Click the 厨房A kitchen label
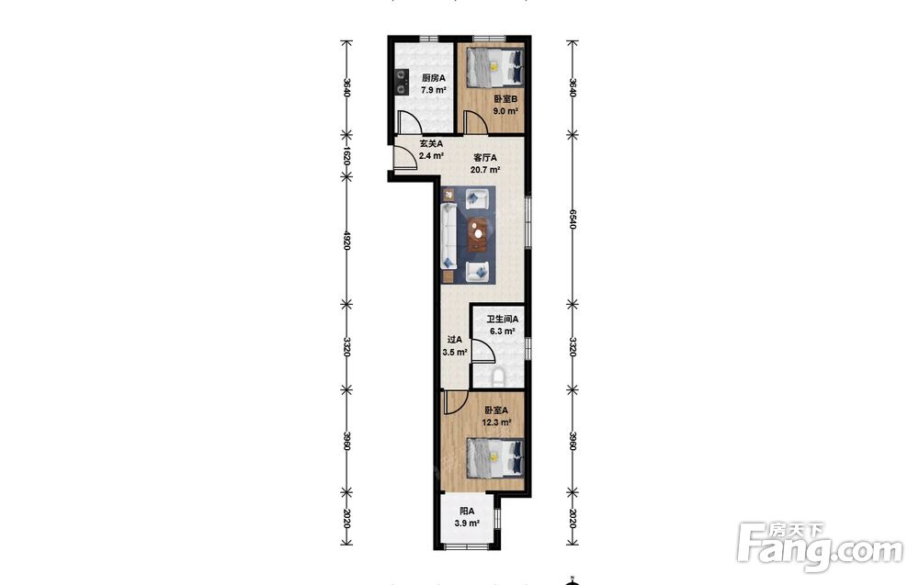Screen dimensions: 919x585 [x=434, y=78]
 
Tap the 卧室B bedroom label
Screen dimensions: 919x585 [x=505, y=99]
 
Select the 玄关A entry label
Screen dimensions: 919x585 [x=431, y=143]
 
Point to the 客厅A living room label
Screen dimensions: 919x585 [x=485, y=158]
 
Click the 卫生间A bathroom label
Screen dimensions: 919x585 [x=503, y=320]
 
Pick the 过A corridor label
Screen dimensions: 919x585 [x=455, y=340]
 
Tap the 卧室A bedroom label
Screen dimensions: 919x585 [x=496, y=411]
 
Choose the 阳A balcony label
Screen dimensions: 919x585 [x=467, y=511]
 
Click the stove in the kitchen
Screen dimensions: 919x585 [x=401, y=82]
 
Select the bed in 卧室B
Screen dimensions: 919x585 [x=494, y=65]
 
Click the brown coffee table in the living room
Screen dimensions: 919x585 [x=480, y=234]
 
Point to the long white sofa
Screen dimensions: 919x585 [x=449, y=235]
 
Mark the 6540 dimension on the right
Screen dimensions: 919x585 [x=573, y=219]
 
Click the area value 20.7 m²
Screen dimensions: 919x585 [x=485, y=171]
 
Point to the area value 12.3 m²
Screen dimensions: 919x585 [x=496, y=422]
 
